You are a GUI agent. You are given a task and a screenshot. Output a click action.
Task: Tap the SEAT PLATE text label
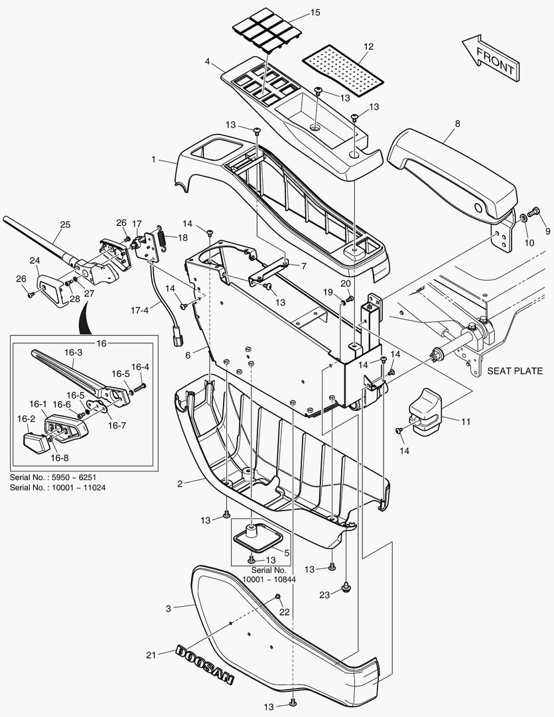coord(514,370)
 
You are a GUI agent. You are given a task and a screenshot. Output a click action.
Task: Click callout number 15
coord(314,13)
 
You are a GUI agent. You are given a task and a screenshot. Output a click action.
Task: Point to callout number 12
coord(369,46)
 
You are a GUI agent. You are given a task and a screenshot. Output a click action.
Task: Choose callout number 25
coord(64,225)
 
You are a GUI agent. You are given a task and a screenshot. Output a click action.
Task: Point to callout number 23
coord(324,595)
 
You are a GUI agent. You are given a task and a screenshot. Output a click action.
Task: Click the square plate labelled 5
coord(256,537)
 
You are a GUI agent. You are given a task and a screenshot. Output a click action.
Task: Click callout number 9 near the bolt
coord(547,231)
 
